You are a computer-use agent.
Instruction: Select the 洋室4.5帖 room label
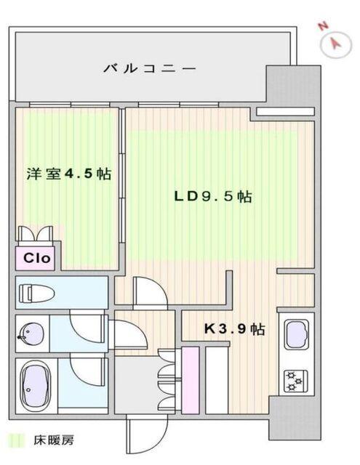68,174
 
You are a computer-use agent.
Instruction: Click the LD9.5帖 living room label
212,196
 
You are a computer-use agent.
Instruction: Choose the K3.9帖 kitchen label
233,329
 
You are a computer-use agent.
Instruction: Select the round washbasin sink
29,334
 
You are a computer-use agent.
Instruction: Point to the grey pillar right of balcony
292,87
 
